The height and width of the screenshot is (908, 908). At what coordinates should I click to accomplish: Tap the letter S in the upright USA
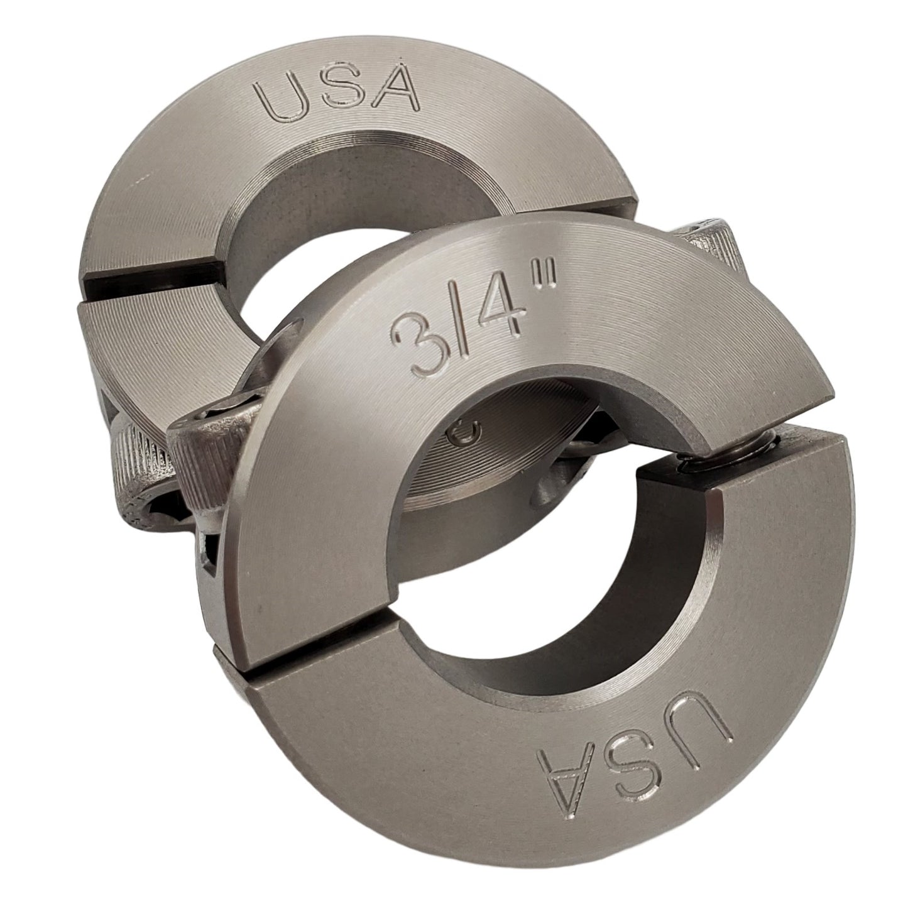pyautogui.click(x=339, y=96)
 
